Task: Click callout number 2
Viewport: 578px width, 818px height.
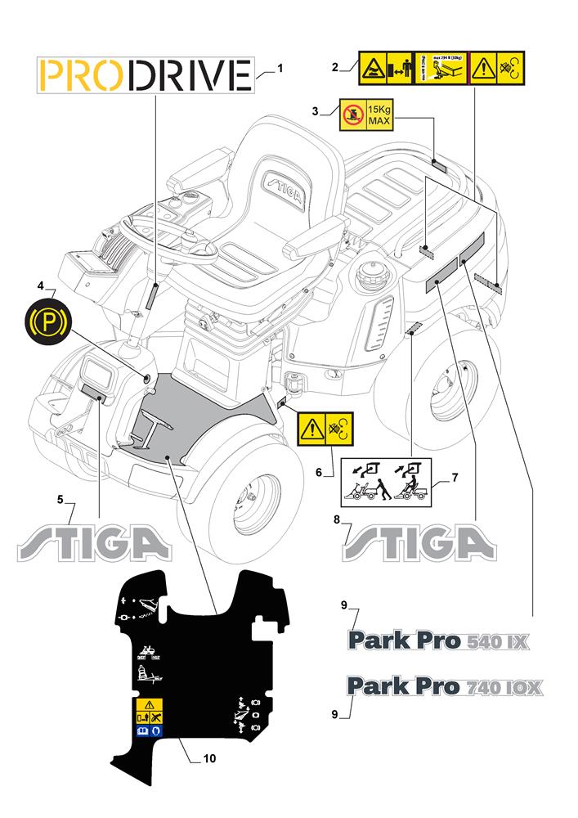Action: pos(335,69)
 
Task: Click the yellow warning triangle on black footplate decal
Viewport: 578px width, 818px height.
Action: pos(148,704)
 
